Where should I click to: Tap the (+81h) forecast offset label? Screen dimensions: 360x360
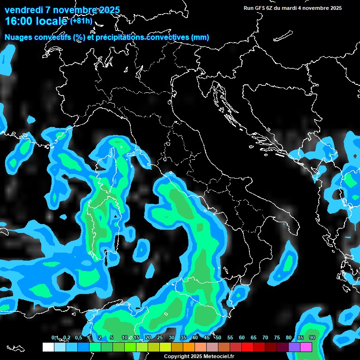click(x=82, y=21)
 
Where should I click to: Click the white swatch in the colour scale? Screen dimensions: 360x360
click(x=48, y=347)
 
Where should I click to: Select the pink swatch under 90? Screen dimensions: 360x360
click(x=306, y=347)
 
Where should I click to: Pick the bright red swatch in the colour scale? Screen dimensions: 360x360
click(x=247, y=347)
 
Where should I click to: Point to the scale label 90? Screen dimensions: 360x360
click(x=312, y=337)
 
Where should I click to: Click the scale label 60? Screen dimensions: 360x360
click(x=242, y=337)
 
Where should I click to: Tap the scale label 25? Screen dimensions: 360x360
click(x=160, y=337)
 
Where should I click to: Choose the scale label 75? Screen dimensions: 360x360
click(x=277, y=337)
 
